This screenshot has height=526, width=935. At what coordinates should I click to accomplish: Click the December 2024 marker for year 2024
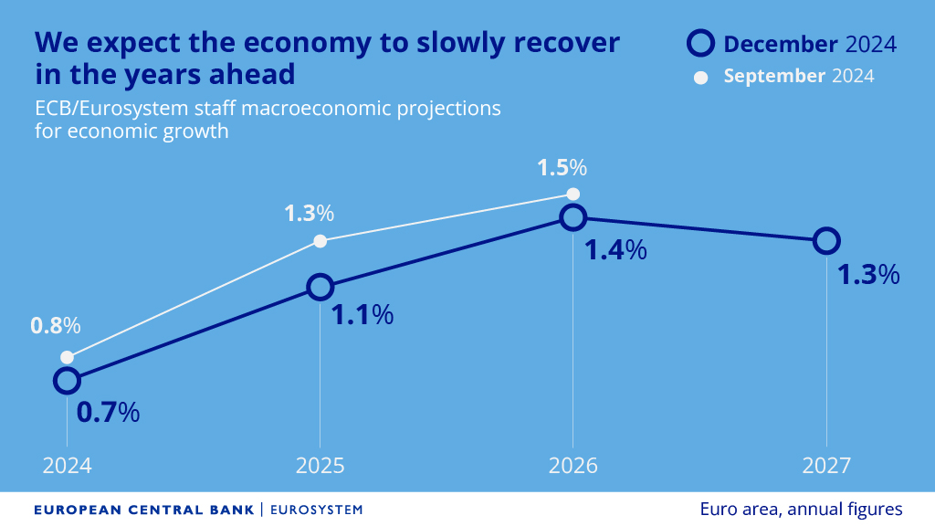pos(67,380)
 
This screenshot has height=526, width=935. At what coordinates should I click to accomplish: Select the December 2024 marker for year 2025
pos(320,287)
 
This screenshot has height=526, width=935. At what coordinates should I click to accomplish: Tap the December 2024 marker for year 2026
pos(573,217)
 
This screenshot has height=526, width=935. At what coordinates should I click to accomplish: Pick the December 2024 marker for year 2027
pos(825,241)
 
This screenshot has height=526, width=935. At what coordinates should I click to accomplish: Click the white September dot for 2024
pos(67,357)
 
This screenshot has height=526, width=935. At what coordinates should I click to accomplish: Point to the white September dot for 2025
pos(320,241)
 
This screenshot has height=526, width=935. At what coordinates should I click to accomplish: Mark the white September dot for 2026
pos(573,194)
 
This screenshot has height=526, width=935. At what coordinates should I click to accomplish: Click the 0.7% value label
pos(108,412)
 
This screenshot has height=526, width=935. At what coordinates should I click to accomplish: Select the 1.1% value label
pos(362,315)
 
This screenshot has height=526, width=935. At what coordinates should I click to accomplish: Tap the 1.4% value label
pos(615,249)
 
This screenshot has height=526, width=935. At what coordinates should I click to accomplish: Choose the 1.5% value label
pos(562,168)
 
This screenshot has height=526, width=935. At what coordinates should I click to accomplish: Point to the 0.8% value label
pos(56,325)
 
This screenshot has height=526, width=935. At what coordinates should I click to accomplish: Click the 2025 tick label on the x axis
pos(320,466)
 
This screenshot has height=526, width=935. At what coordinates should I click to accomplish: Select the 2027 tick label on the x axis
pos(825,466)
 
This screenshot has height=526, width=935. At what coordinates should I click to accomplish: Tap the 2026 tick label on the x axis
pos(573,466)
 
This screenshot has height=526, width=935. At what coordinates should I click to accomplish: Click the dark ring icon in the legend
pos(700,43)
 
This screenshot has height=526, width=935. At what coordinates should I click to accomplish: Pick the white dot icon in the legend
pos(701,77)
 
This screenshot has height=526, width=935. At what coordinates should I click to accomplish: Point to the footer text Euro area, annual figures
pos(801,509)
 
